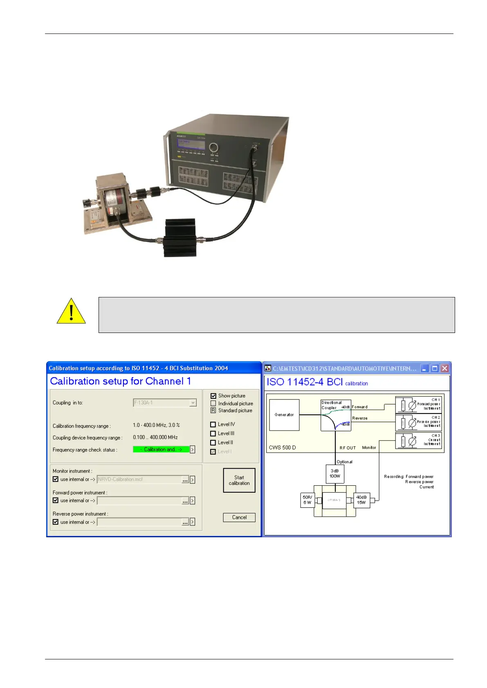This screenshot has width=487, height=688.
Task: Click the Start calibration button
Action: pyautogui.click(x=239, y=480)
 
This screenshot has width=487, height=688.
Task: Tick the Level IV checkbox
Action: pyautogui.click(x=213, y=424)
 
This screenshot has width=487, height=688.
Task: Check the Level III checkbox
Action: pyautogui.click(x=213, y=433)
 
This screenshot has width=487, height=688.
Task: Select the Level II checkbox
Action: pyautogui.click(x=213, y=442)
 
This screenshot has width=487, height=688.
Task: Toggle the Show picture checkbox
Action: pyautogui.click(x=213, y=396)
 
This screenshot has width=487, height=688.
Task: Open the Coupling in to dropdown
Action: pyautogui.click(x=193, y=403)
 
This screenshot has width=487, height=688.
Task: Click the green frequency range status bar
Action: pyautogui.click(x=161, y=449)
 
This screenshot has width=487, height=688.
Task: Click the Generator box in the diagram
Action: pyautogui.click(x=284, y=415)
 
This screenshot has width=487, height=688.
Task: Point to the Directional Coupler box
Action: pyautogui.click(x=335, y=415)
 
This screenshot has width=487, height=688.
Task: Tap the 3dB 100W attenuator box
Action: pyautogui.click(x=335, y=474)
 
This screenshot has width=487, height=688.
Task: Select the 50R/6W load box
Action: pyautogui.click(x=307, y=500)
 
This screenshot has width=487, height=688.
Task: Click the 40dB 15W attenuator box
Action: pyautogui.click(x=361, y=500)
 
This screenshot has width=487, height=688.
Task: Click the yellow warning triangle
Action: pyautogui.click(x=71, y=312)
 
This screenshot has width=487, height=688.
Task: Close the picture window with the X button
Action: pyautogui.click(x=444, y=369)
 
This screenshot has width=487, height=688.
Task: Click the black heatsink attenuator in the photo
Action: pyautogui.click(x=180, y=238)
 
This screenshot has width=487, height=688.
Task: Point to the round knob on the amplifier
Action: pyautogui.click(x=213, y=147)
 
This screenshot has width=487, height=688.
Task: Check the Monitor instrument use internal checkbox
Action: pyautogui.click(x=56, y=479)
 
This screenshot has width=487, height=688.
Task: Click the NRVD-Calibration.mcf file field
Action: pyautogui.click(x=139, y=480)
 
